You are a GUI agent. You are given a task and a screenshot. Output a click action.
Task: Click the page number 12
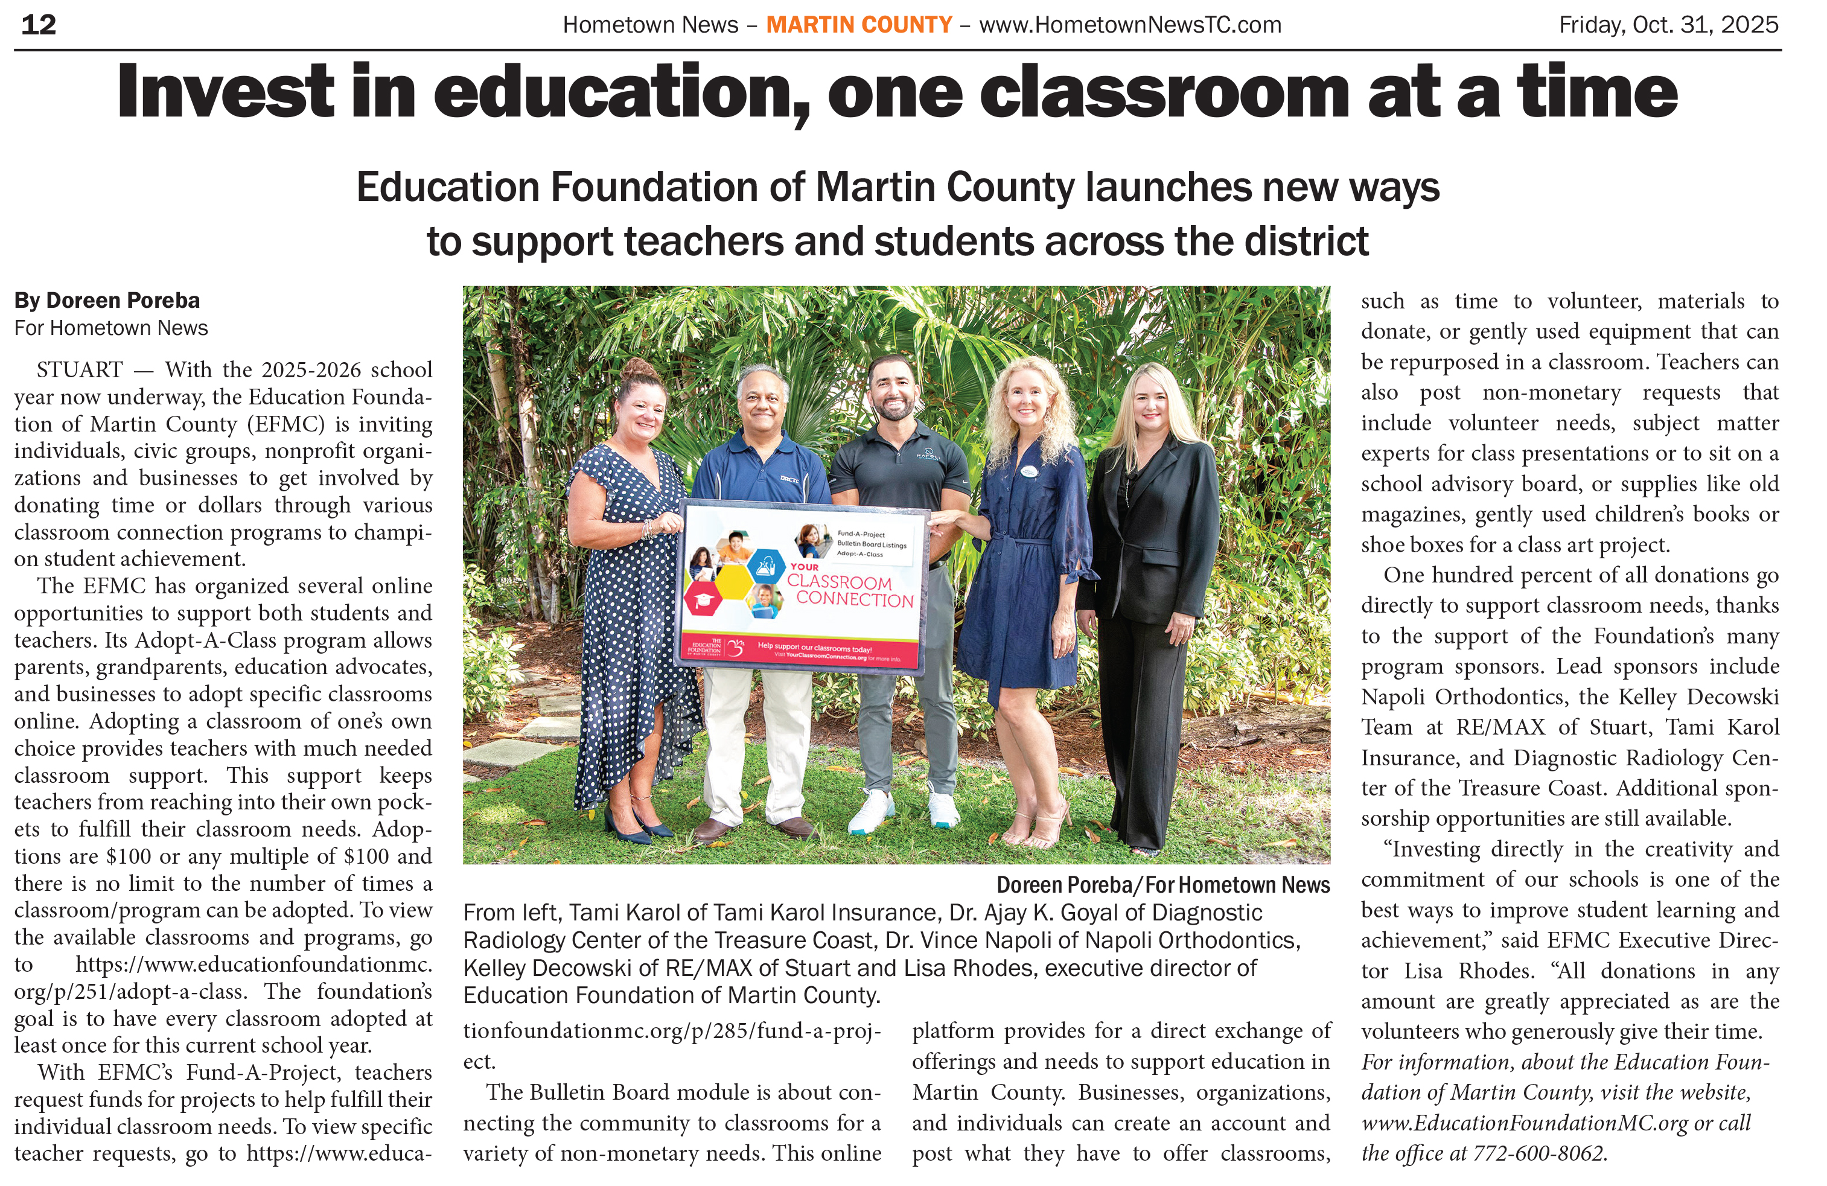(x=39, y=25)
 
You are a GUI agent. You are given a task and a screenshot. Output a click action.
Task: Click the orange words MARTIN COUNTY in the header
(x=859, y=25)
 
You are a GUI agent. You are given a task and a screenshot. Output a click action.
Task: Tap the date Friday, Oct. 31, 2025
(x=1668, y=25)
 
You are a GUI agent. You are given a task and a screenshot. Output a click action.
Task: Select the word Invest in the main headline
(x=225, y=92)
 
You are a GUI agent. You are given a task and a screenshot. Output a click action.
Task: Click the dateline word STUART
(x=80, y=370)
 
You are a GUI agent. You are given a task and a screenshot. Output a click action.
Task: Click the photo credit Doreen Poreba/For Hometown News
(x=1162, y=885)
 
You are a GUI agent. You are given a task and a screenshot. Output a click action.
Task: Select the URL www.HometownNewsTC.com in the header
(x=1130, y=25)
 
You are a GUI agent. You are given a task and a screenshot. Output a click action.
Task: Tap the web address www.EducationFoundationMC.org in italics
(x=1525, y=1123)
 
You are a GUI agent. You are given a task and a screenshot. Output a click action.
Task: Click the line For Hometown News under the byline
(x=110, y=328)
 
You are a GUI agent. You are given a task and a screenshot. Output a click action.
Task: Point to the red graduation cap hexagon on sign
(x=701, y=601)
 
